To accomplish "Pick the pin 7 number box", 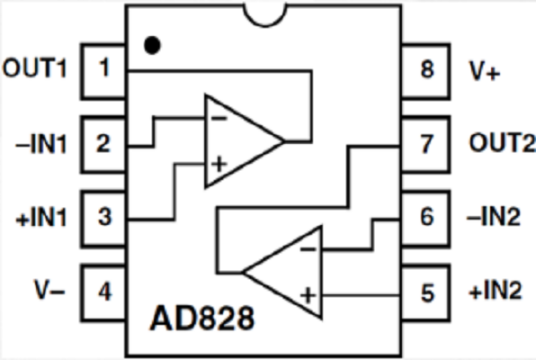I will [x=428, y=143].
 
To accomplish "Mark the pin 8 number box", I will [x=428, y=71].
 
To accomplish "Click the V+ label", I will [x=484, y=71].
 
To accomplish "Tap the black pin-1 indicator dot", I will [x=152, y=45].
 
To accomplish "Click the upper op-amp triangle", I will [x=238, y=141].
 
